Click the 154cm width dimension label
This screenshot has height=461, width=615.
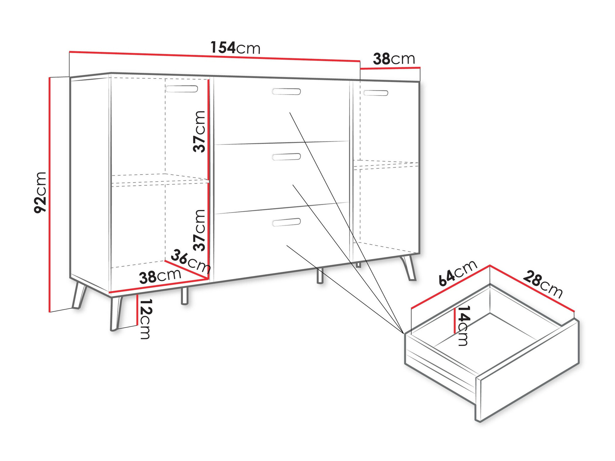click(x=235, y=48)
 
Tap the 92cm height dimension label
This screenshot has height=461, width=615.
click(x=40, y=192)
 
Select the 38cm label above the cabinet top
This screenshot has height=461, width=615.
click(x=394, y=59)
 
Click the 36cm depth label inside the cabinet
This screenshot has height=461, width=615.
click(x=191, y=261)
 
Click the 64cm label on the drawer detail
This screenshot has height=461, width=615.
click(x=458, y=273)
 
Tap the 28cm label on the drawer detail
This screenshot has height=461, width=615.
click(x=543, y=284)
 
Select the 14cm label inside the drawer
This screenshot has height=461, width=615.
click(x=463, y=325)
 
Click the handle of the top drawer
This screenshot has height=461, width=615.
click(x=286, y=92)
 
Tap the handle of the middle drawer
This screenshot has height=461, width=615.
click(x=286, y=157)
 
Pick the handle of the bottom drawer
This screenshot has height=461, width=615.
click(x=286, y=222)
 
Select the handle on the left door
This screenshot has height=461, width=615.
click(x=182, y=89)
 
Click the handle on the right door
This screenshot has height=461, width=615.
click(x=375, y=93)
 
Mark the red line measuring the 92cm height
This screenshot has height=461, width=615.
click(x=50, y=195)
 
